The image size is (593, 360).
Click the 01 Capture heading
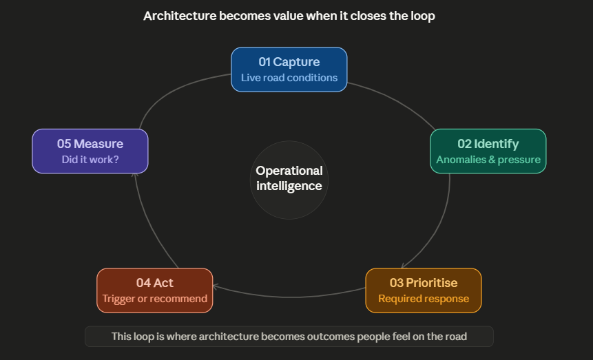click(289, 63)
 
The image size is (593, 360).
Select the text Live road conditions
click(289, 78)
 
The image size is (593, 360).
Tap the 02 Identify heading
click(488, 144)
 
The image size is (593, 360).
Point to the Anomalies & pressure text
click(488, 160)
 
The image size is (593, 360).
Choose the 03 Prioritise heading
click(423, 283)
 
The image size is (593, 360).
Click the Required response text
click(423, 299)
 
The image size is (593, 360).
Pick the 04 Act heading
click(154, 283)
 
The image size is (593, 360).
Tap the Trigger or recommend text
click(154, 299)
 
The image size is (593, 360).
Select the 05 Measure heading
click(90, 144)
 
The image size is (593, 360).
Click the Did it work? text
click(90, 160)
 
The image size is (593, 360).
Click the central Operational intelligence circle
click(289, 178)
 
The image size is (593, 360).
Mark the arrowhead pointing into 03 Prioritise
click(404, 265)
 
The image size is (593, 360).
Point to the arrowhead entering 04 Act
click(216, 286)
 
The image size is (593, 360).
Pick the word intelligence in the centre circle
click(289, 186)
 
